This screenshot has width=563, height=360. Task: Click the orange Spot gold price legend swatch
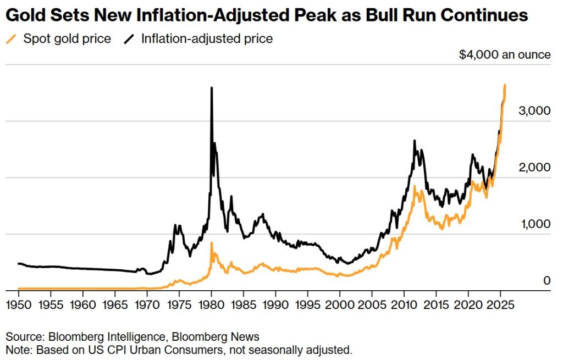(11, 39)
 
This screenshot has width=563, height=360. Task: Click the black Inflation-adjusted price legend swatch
(130, 39)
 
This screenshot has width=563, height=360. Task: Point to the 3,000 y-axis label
(534, 110)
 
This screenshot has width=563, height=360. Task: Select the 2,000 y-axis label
(534, 167)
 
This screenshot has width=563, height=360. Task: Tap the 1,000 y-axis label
(534, 224)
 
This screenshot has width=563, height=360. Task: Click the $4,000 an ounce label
(505, 54)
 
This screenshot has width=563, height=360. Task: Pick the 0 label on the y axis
(547, 280)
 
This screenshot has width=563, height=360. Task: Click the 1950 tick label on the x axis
(19, 304)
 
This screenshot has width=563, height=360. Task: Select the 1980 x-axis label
(211, 304)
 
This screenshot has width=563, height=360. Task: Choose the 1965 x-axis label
(115, 304)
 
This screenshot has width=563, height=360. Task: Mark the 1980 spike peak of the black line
(212, 88)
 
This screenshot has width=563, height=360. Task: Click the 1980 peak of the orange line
(212, 242)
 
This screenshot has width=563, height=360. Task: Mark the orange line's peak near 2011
(414, 187)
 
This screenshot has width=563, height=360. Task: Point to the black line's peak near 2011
(415, 141)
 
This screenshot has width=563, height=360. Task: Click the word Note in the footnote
(16, 350)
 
